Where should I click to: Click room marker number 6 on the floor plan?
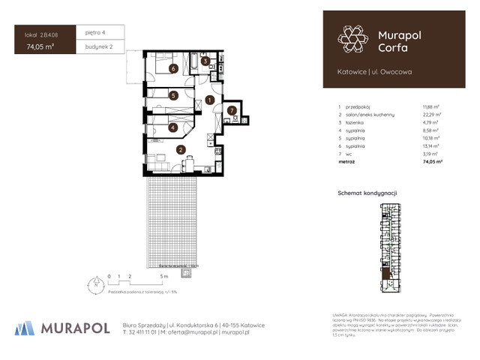click(x=173, y=69)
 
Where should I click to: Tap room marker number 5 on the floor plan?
click(x=173, y=95)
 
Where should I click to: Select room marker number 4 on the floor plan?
click(x=173, y=127)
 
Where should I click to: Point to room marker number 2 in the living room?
click(x=181, y=149)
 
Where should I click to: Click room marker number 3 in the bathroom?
click(x=205, y=61)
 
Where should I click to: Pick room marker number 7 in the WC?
click(x=232, y=111)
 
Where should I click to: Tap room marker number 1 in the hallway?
click(x=211, y=98)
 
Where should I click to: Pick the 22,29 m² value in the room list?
click(x=433, y=114)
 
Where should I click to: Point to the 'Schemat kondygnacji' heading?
click(x=367, y=193)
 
